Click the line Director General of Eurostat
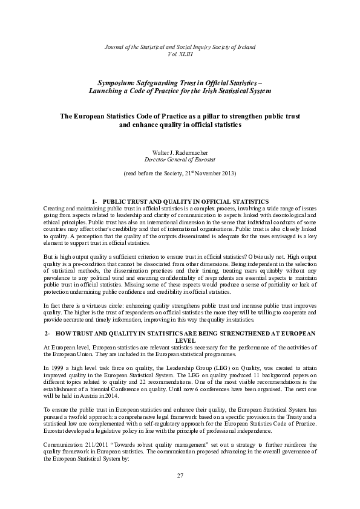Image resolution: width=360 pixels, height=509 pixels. pos(180,159)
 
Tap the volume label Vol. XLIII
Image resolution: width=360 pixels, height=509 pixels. pos(180,54)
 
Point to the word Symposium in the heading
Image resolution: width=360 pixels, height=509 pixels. pos(117,82)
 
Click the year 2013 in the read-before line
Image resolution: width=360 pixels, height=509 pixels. pos(228,173)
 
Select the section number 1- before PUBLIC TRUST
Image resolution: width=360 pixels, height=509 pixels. pos(94,200)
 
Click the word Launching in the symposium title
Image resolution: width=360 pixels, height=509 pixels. pos(106,90)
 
